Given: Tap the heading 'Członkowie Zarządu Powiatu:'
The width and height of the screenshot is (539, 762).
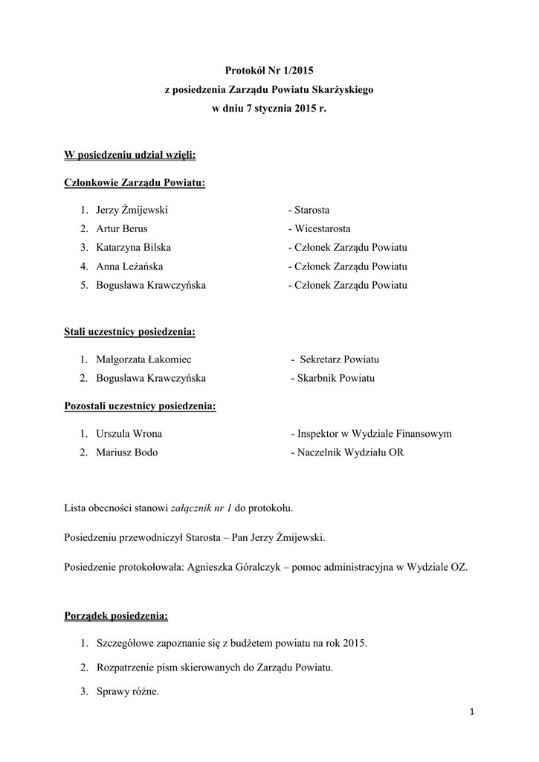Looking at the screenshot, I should click(x=135, y=183).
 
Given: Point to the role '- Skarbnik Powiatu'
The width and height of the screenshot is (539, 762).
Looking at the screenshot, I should click(x=333, y=378).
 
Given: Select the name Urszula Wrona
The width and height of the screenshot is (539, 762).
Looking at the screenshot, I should click(x=129, y=434).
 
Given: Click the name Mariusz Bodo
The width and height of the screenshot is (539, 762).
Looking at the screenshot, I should click(x=127, y=452).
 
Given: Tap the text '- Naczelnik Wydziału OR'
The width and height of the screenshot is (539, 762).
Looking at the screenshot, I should click(x=347, y=452).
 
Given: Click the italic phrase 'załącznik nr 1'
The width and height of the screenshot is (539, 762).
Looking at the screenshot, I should click(x=201, y=508).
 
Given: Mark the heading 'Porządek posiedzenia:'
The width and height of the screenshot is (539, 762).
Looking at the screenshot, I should click(x=116, y=616).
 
